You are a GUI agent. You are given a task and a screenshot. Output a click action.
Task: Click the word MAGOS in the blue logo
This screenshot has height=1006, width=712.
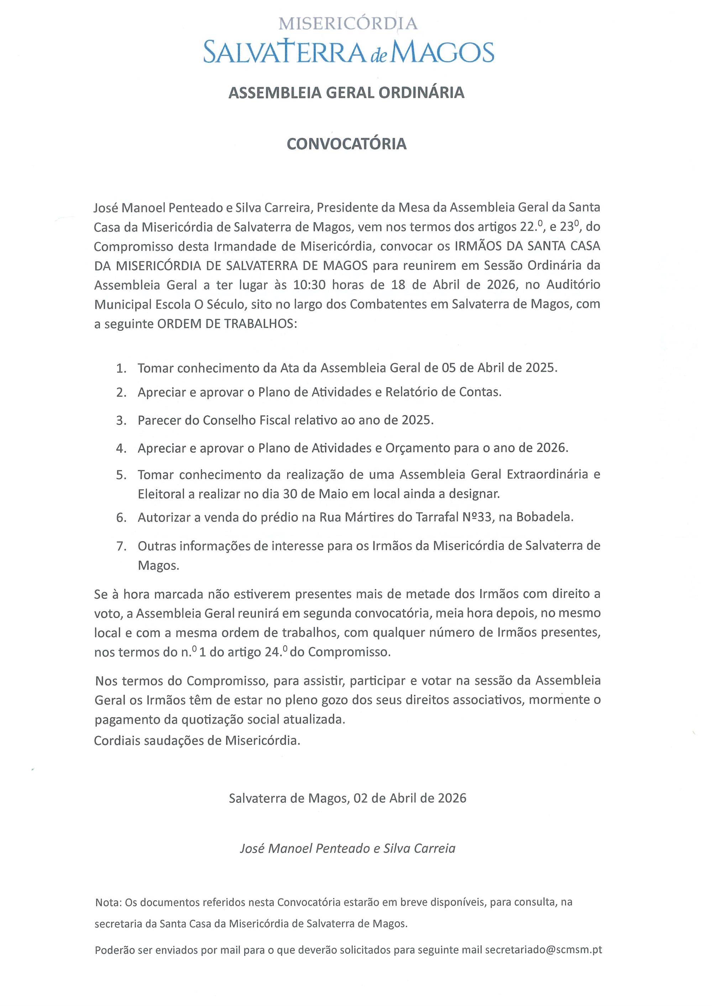(443, 53)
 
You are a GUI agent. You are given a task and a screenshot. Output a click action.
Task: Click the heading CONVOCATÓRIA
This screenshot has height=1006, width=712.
(346, 144)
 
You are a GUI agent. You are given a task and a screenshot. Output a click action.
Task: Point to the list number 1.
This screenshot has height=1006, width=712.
(121, 368)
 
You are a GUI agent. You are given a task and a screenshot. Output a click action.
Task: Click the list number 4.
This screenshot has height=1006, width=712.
(121, 449)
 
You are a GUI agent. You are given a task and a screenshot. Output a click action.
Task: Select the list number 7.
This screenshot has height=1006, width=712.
(121, 546)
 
